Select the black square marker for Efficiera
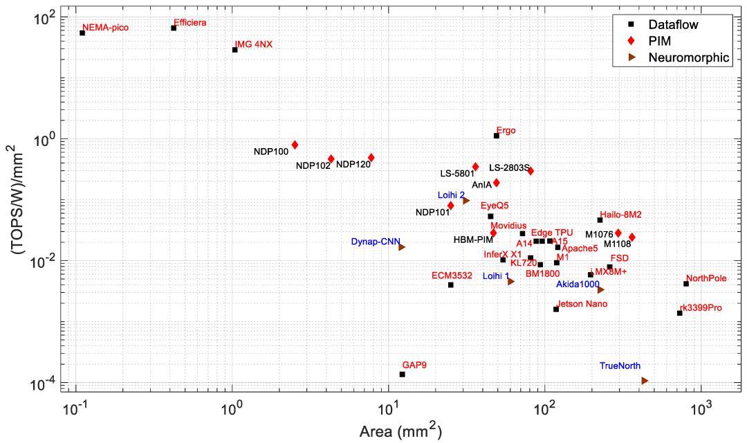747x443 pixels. click(x=174, y=28)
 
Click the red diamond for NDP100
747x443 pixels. click(x=295, y=145)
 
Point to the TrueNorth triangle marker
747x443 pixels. click(x=645, y=381)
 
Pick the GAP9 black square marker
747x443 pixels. click(x=402, y=374)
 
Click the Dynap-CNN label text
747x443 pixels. click(x=373, y=242)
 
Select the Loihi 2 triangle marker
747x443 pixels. click(x=466, y=201)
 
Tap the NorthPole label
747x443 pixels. click(x=706, y=278)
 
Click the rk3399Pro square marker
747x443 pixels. click(x=680, y=313)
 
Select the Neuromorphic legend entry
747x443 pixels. click(x=688, y=57)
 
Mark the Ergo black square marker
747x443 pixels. click(x=497, y=136)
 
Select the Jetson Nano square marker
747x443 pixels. click(x=556, y=309)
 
